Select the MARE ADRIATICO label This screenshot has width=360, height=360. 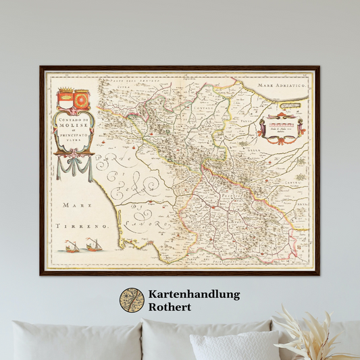click(284, 86)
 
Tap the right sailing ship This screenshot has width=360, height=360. click(93, 244)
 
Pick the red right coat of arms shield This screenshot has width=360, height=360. click(81, 101)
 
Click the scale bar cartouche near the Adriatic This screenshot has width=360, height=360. click(279, 128)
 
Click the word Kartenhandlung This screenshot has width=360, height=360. click(194, 294)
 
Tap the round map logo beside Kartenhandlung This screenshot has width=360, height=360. click(132, 301)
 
